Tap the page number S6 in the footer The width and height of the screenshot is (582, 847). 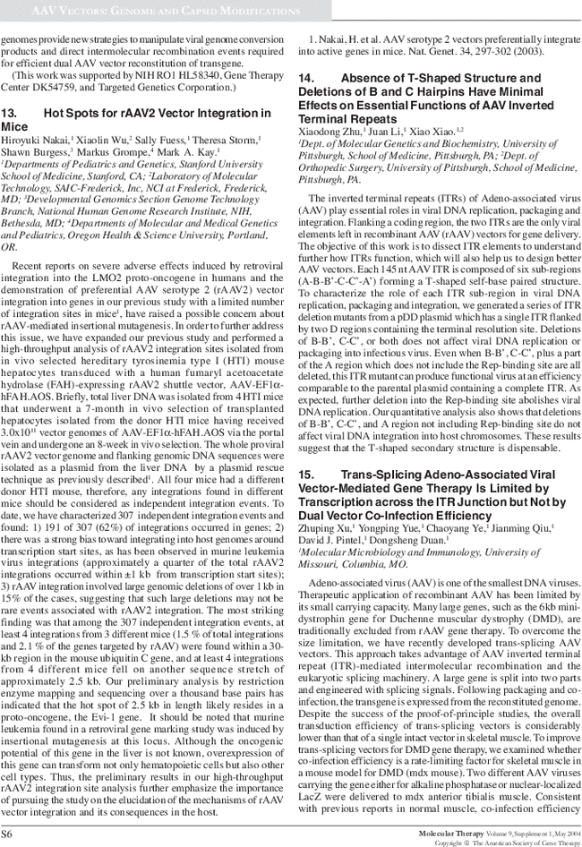tap(8, 832)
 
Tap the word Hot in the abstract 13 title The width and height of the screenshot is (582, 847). tap(56, 114)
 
